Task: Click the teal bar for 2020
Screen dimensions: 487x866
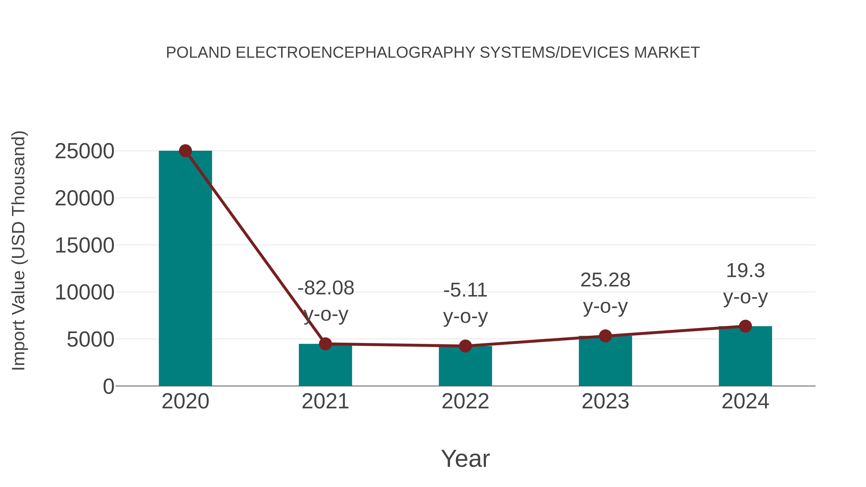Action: pyautogui.click(x=185, y=269)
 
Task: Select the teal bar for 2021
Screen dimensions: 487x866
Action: pyautogui.click(x=325, y=366)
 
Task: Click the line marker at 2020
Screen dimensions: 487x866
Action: pyautogui.click(x=185, y=151)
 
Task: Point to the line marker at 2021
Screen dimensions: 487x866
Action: pyautogui.click(x=325, y=344)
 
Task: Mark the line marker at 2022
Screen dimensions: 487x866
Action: pyautogui.click(x=465, y=346)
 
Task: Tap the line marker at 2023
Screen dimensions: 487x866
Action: pyautogui.click(x=605, y=336)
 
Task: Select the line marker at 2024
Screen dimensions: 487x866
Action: pyautogui.click(x=745, y=326)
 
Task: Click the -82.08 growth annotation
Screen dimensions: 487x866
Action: pyautogui.click(x=326, y=288)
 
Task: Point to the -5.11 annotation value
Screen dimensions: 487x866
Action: pyautogui.click(x=465, y=290)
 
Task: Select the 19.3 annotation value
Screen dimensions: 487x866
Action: pyautogui.click(x=745, y=271)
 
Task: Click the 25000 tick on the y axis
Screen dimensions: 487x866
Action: pyautogui.click(x=84, y=151)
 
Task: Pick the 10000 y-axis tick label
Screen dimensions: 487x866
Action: pyautogui.click(x=84, y=292)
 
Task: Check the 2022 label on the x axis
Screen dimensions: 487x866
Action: pyautogui.click(x=465, y=401)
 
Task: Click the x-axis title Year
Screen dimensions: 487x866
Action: pyautogui.click(x=465, y=459)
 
